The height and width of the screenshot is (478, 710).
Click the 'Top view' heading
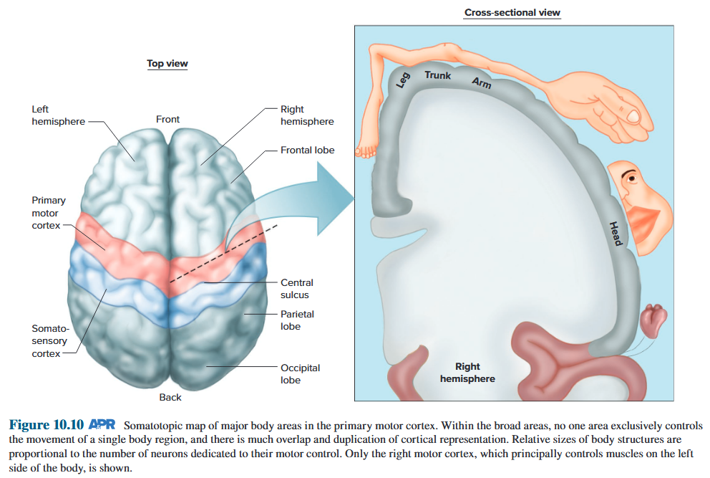167,64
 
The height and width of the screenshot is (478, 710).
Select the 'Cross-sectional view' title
512,13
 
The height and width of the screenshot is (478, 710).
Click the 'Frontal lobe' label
307,150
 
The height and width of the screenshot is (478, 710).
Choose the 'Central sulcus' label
297,289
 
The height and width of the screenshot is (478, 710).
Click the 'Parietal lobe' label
297,320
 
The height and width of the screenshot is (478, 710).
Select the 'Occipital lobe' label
300,373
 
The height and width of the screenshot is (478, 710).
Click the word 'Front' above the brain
168,120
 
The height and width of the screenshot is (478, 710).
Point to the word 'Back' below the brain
170,397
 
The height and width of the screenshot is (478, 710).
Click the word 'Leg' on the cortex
403,80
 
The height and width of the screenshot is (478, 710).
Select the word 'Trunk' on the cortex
437,75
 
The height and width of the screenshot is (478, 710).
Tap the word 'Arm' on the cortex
481,83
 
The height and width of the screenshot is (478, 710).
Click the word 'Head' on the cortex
615,234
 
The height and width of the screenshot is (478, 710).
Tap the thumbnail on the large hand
633,115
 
